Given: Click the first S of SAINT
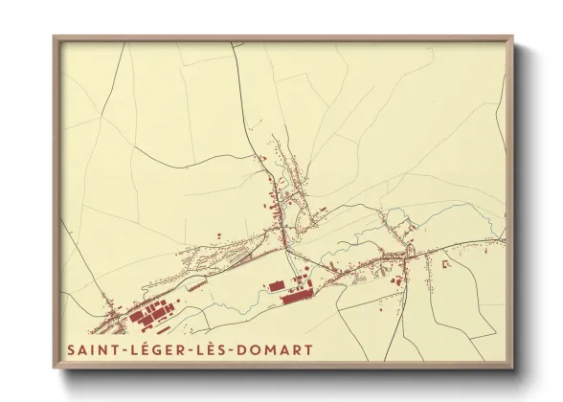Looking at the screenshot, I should (x=71, y=349).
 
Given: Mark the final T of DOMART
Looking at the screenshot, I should (x=308, y=349).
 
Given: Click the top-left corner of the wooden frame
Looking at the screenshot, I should (x=55, y=37).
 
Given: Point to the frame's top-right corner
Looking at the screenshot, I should (x=512, y=37).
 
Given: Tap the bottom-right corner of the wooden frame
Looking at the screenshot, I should (x=512, y=368).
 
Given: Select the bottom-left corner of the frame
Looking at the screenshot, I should (x=55, y=368).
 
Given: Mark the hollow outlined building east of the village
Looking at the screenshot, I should (x=443, y=261).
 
